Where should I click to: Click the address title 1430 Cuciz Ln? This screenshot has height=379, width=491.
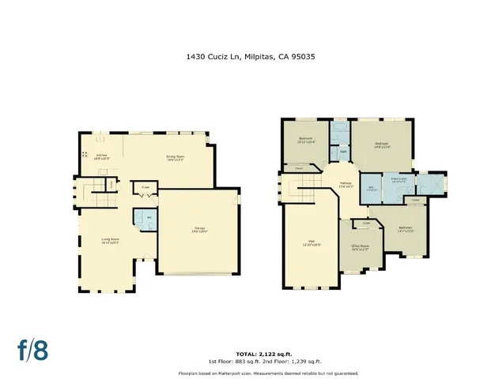245,56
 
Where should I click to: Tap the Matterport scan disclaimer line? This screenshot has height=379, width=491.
245,372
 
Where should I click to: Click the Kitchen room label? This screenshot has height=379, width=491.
102,156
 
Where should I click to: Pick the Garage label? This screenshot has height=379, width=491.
198,231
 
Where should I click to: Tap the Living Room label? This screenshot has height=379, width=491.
109,240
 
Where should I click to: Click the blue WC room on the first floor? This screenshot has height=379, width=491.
148,219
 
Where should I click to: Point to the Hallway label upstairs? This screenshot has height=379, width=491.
346,185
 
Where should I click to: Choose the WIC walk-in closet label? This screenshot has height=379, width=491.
372,189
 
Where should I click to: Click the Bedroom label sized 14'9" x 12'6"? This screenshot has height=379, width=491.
383,144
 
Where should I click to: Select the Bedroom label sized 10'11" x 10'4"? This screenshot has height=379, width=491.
306,141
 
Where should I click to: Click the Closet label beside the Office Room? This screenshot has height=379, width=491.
366,223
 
